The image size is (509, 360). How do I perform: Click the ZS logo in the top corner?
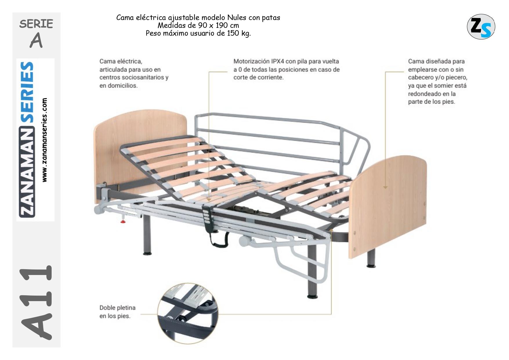481,26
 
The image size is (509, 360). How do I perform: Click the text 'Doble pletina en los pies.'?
117,312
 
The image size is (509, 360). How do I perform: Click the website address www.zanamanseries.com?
44,140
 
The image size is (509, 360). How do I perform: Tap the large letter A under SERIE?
36,41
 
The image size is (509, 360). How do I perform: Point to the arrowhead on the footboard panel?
385,187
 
